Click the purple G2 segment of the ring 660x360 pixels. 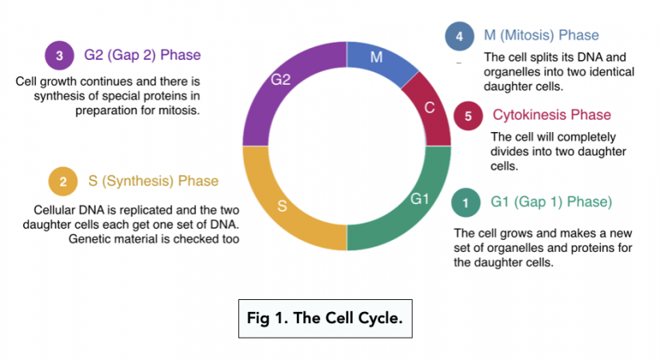click(x=281, y=81)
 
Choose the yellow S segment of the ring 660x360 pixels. click(x=282, y=206)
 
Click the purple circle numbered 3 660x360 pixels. click(x=59, y=56)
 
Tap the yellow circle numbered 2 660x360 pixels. click(x=62, y=182)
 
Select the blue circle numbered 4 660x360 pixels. click(x=458, y=36)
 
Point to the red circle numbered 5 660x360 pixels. click(x=468, y=116)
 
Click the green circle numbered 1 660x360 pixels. click(x=465, y=202)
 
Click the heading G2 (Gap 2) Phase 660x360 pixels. click(x=142, y=56)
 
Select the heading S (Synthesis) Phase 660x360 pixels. click(x=153, y=181)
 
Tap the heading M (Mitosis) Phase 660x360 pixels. click(x=542, y=36)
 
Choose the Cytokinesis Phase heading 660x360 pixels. click(x=551, y=115)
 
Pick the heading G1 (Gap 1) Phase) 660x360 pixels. click(x=551, y=202)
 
